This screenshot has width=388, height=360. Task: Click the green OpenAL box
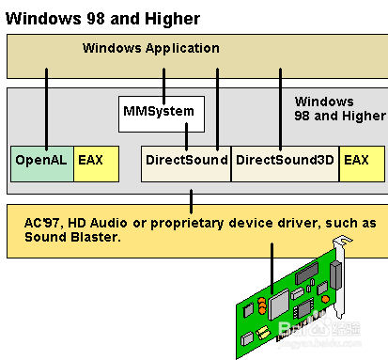tap(40, 162)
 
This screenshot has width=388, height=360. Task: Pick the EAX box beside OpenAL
tap(96, 162)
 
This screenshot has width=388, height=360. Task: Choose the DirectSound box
tap(186, 162)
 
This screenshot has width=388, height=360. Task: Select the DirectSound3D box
tap(285, 162)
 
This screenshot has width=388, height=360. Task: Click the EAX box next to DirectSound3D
tap(361, 162)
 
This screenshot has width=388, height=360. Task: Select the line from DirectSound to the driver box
tap(192, 198)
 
